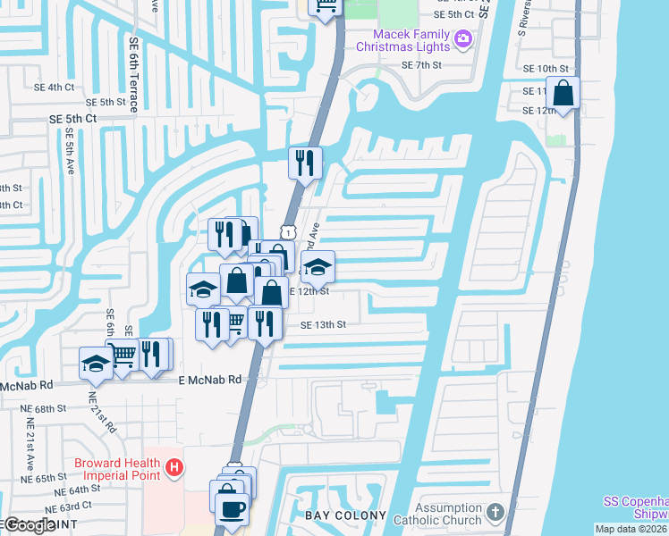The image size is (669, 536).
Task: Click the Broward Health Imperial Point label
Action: point(117,468)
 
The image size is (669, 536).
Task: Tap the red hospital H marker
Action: point(175,466)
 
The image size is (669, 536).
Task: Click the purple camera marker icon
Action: point(463,38)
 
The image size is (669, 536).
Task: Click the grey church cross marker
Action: point(496,514)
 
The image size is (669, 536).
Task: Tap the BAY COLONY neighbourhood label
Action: point(346,515)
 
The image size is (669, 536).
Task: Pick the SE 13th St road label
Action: point(323,325)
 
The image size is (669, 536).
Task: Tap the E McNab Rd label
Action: point(210,379)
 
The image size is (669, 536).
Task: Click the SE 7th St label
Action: point(421,65)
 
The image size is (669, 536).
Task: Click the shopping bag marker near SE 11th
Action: point(564,92)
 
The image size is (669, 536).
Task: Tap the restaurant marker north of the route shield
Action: point(305,163)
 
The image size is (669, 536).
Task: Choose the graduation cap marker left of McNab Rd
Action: point(95,363)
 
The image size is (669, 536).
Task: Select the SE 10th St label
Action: point(546,69)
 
